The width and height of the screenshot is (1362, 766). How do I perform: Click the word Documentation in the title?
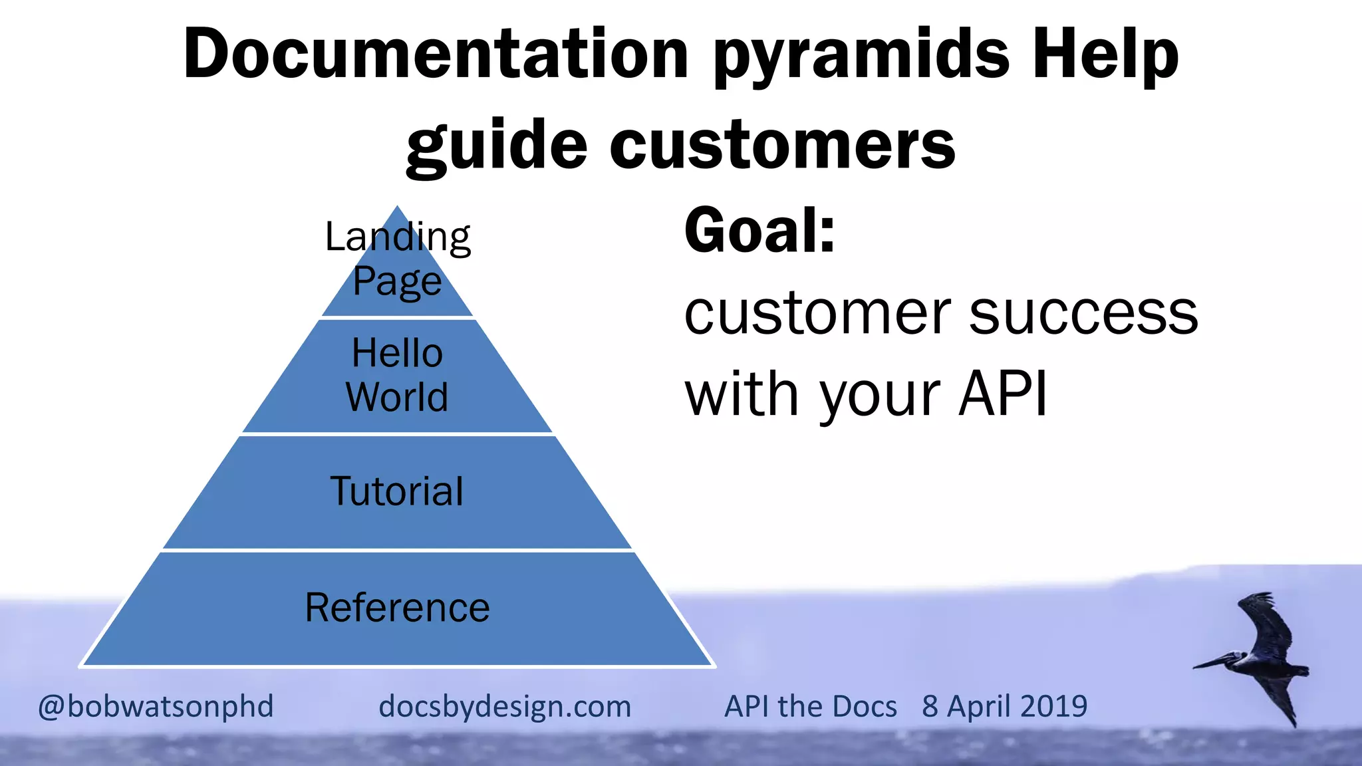(x=436, y=55)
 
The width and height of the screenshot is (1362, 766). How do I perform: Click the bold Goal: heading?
(x=759, y=231)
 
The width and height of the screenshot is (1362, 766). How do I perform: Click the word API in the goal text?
(x=1003, y=394)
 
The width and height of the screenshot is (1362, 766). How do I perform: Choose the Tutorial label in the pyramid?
(x=397, y=491)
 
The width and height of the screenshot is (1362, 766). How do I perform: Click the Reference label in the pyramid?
(x=397, y=608)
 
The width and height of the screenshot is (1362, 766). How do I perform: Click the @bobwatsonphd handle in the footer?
(x=156, y=706)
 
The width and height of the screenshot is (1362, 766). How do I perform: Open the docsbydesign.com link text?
(x=505, y=706)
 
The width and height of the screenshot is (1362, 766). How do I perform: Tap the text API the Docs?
(x=811, y=706)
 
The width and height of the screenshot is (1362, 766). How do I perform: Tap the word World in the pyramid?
(x=397, y=397)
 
